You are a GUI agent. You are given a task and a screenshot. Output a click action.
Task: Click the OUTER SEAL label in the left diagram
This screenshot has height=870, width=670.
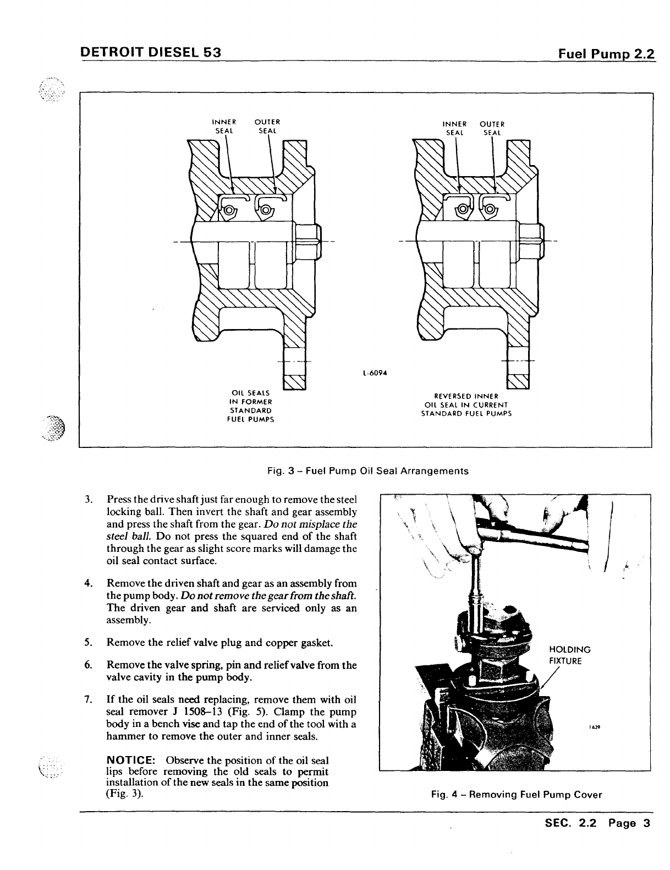tap(268, 126)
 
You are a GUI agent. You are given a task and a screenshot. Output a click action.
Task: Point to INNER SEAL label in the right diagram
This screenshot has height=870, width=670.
tap(455, 128)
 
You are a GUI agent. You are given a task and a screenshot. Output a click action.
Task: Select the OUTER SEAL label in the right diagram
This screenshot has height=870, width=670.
tap(492, 128)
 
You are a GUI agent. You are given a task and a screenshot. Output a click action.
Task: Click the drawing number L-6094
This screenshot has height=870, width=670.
tap(375, 372)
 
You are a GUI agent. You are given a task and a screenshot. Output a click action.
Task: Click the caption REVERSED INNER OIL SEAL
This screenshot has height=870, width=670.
tap(466, 404)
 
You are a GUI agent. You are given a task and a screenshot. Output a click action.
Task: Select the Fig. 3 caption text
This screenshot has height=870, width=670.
tap(367, 471)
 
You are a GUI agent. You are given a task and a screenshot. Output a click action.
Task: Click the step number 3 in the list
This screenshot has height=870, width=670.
tap(88, 500)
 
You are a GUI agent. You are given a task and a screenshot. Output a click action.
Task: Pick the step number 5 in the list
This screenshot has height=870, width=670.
tap(88, 642)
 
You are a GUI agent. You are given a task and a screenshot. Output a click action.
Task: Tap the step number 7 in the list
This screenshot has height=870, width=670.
tap(88, 700)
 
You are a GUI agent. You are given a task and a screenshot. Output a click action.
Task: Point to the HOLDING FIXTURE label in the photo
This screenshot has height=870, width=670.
tap(570, 655)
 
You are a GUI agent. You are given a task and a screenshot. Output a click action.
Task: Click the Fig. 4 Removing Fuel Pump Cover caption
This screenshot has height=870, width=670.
tap(517, 795)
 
